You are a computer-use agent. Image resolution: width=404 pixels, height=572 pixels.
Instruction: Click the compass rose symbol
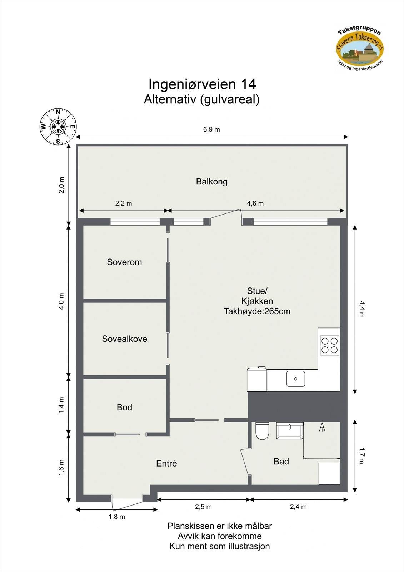click(58, 127)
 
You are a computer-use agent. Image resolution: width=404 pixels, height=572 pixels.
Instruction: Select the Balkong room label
click(211, 182)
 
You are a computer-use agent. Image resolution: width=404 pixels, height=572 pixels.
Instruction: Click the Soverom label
click(124, 262)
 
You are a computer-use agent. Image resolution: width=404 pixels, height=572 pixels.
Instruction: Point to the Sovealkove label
click(125, 339)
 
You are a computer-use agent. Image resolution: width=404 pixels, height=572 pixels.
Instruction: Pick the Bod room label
click(124, 407)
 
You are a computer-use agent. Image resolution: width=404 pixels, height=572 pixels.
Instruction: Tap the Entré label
click(166, 463)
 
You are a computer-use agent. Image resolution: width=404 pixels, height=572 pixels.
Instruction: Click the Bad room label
click(281, 461)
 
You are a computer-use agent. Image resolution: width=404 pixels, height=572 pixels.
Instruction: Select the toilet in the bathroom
click(262, 430)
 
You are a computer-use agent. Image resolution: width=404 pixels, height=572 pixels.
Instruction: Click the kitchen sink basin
click(295, 379)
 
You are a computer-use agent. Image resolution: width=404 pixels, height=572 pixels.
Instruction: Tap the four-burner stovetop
click(329, 345)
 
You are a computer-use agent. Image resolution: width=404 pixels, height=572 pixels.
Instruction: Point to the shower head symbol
click(322, 427)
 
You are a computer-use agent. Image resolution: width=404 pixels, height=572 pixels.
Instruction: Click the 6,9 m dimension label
click(211, 129)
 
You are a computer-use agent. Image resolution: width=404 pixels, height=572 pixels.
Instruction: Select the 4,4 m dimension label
click(362, 309)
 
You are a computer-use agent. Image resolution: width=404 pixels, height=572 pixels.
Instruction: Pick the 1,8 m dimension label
click(117, 517)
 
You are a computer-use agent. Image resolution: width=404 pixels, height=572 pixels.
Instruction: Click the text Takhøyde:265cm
click(257, 311)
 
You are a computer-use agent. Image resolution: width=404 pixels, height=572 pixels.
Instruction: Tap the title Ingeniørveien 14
click(202, 84)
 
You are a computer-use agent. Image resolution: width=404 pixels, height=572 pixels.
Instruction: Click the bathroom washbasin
click(290, 430)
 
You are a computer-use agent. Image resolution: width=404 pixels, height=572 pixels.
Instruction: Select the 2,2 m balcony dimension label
click(124, 203)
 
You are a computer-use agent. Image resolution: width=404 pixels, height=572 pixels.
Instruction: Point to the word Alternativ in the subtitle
click(170, 99)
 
